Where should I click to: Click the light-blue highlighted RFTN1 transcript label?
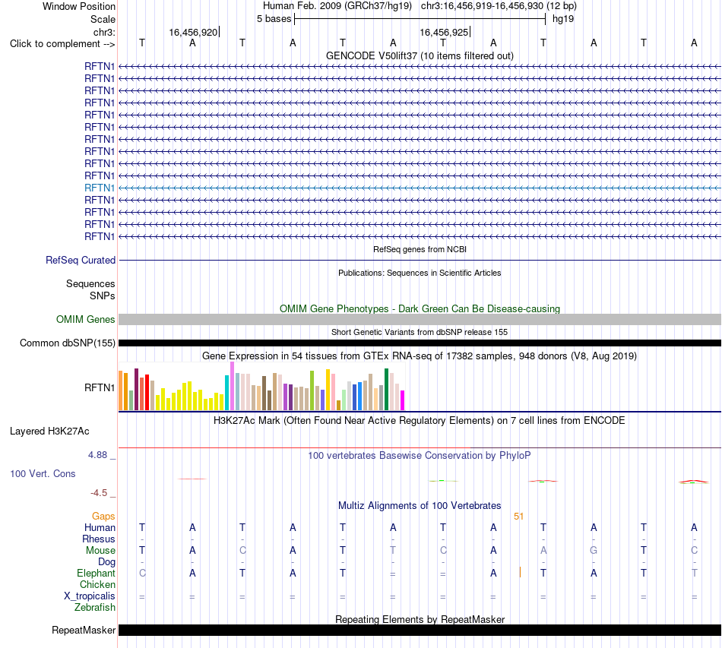100,188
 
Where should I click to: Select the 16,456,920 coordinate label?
193,32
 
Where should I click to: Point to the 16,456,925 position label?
443,32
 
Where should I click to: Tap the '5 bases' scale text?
274,19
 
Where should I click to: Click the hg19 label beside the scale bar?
563,19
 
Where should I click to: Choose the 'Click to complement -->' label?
62,44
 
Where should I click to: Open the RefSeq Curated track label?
81,260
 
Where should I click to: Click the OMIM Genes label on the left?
86,319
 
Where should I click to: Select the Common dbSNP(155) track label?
68,343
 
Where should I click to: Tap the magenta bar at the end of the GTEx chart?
403,400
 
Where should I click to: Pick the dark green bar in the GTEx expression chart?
386,389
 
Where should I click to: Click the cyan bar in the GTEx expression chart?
227,393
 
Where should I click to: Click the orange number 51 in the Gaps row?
518,517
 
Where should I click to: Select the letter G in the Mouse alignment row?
594,551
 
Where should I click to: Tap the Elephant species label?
97,573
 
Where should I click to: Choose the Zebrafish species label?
95,608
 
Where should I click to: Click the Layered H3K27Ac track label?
49,431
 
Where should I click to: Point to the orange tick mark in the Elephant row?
520,572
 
